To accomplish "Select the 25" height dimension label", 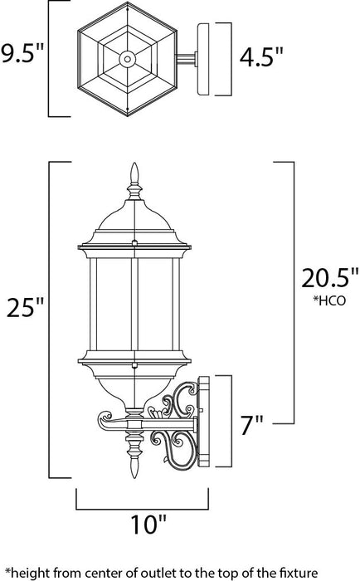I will [22, 308].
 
